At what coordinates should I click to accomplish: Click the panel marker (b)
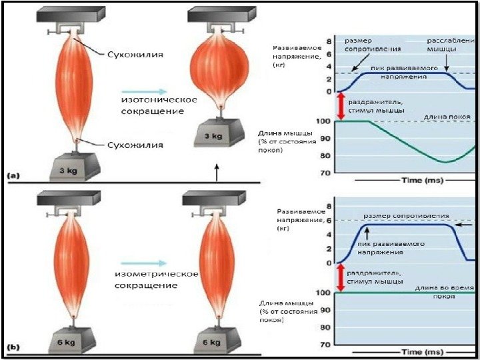click(x=14, y=347)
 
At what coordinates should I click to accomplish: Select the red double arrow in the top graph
click(x=340, y=106)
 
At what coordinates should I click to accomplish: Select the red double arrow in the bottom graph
click(x=340, y=277)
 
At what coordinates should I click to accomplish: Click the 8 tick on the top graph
click(x=328, y=41)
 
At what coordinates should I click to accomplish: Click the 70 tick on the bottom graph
click(x=326, y=345)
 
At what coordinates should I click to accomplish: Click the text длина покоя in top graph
click(x=445, y=117)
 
